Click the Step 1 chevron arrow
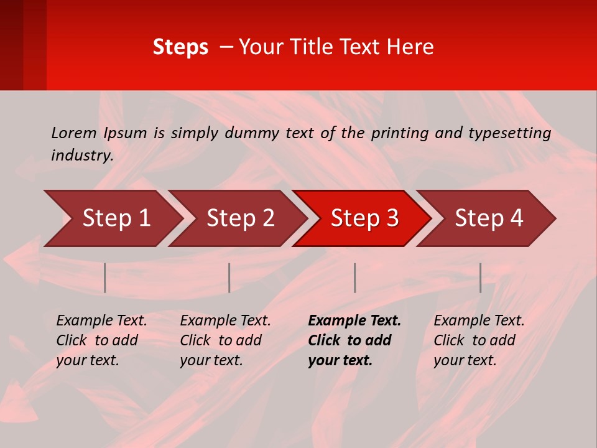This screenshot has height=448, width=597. (x=116, y=218)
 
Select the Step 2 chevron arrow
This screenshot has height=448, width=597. (x=240, y=218)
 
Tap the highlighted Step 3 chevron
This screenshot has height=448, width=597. (x=364, y=218)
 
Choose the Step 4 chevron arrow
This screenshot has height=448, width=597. (x=489, y=218)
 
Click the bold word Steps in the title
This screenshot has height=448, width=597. (x=180, y=47)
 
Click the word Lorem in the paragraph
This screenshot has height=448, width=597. (x=74, y=133)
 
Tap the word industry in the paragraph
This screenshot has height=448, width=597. (x=81, y=156)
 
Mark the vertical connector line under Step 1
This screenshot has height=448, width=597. (x=105, y=278)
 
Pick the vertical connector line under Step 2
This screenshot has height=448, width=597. (x=229, y=278)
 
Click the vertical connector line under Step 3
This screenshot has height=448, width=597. (x=355, y=278)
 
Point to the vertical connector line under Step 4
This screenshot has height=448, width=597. (x=481, y=278)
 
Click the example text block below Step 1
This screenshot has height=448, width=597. (x=101, y=340)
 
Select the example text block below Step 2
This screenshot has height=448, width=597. (x=225, y=340)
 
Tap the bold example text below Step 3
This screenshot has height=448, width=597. (x=354, y=340)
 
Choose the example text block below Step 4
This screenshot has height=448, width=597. (x=478, y=340)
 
